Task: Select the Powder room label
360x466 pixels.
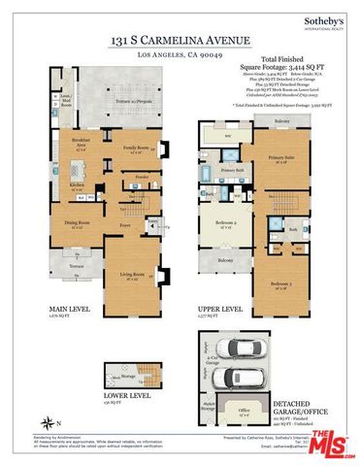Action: click(143, 179)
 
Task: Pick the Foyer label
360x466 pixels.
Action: click(125, 226)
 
